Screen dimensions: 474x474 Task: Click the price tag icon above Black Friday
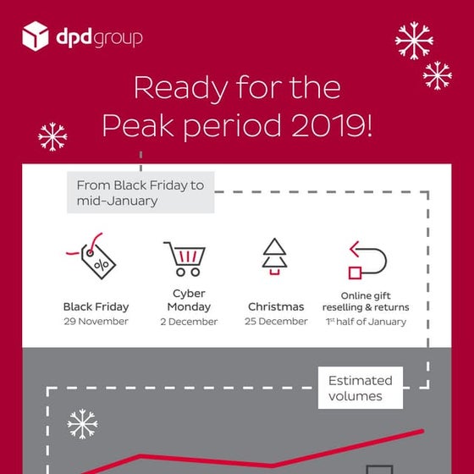pos(94,256)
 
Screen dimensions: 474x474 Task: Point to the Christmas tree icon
pos(274,257)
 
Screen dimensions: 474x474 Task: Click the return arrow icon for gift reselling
pos(367,259)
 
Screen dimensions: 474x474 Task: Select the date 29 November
pos(96,322)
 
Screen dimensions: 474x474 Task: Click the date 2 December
pos(188,322)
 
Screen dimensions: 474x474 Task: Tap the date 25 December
pos(277,322)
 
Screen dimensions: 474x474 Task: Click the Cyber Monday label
pos(188,300)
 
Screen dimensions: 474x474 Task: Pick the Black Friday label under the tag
pos(96,306)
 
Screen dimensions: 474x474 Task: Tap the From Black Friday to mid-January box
pos(140,192)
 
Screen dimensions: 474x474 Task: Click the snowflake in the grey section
pos(82,425)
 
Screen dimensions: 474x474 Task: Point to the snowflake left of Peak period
pos(52,136)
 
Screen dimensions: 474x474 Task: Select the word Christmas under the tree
pos(277,306)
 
